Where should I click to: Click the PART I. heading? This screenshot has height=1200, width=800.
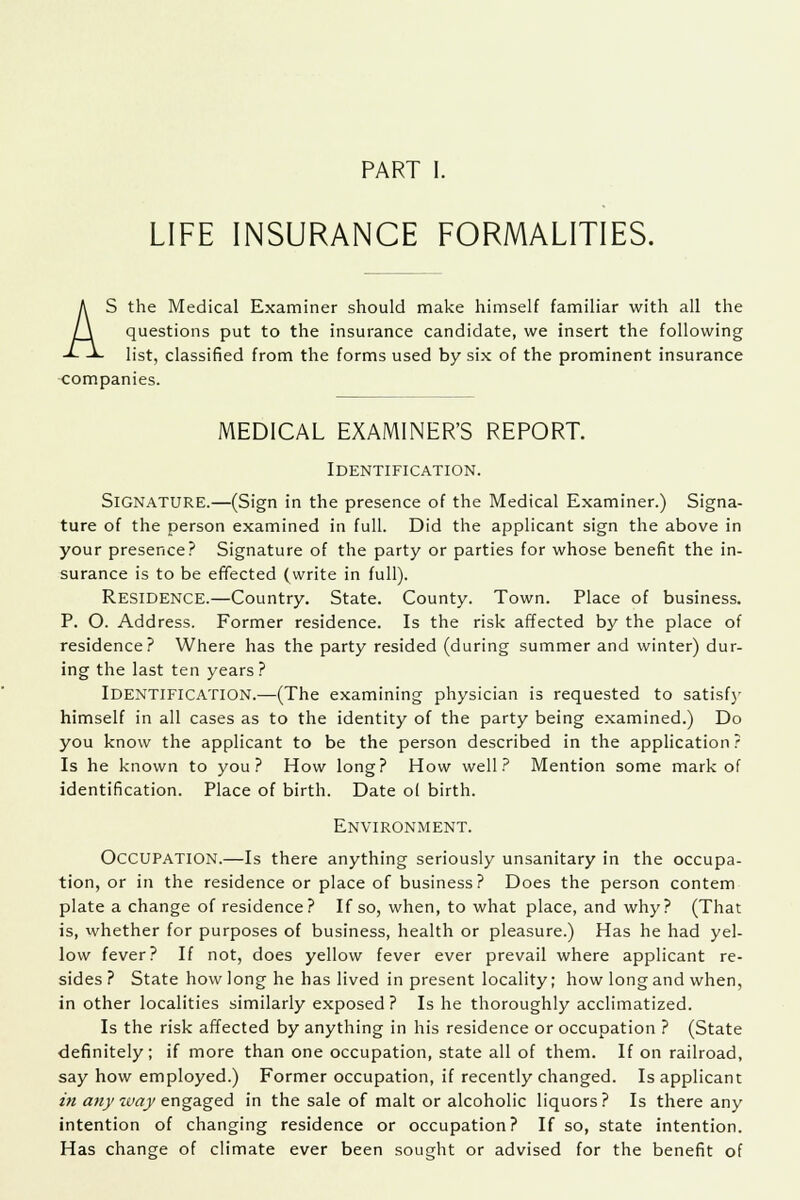click(x=400, y=102)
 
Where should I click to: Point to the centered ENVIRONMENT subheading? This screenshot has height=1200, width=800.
click(x=400, y=716)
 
